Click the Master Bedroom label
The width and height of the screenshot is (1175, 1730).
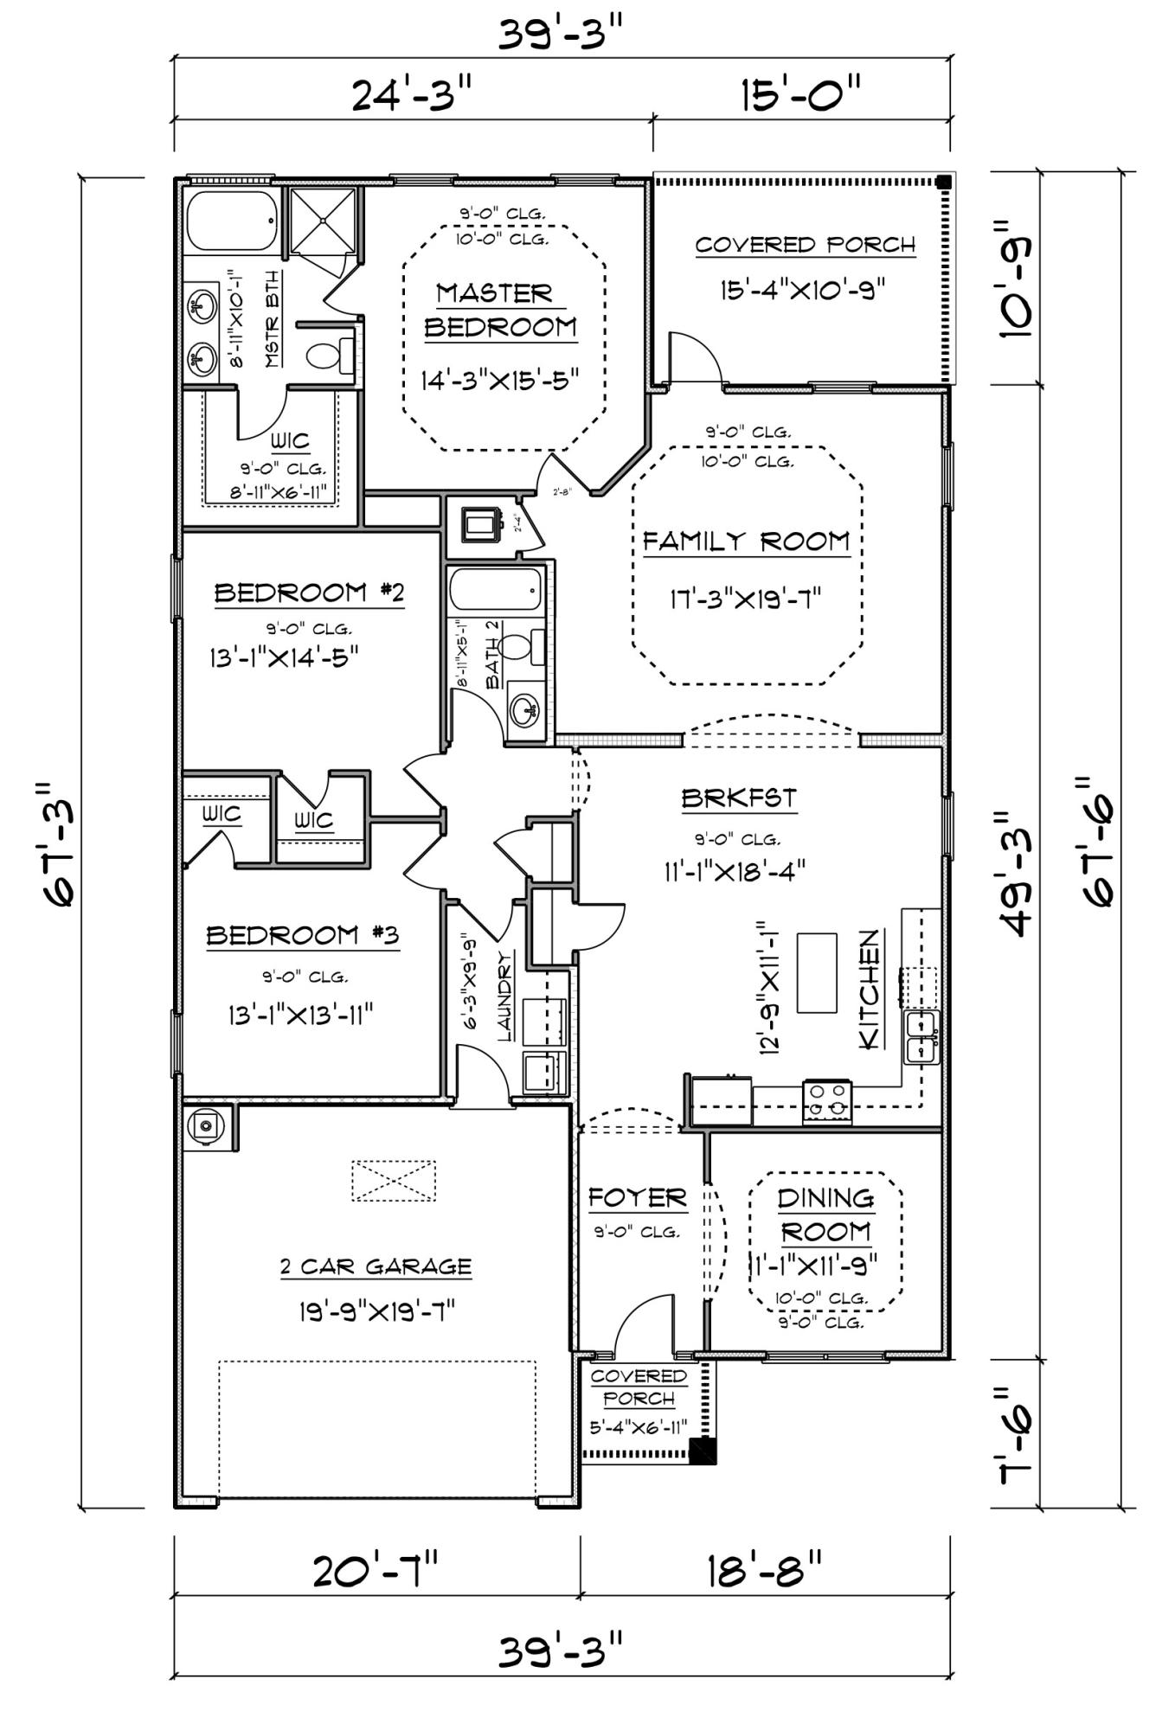click(499, 310)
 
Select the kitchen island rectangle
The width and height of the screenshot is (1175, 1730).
click(816, 972)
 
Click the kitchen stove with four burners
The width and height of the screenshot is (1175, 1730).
click(827, 1101)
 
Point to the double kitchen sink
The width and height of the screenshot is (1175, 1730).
click(921, 1037)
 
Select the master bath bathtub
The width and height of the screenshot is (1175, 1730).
click(231, 221)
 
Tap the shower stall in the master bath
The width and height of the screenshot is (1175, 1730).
click(322, 221)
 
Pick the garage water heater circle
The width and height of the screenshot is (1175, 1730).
click(205, 1125)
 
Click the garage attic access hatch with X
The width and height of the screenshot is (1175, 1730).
click(394, 1180)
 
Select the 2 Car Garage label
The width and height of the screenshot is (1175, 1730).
click(376, 1267)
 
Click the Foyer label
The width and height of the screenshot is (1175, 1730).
click(637, 1198)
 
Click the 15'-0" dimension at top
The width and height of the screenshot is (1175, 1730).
click(801, 93)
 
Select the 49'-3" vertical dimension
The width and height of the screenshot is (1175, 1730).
click(1014, 874)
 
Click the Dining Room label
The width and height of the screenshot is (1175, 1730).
click(825, 1214)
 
